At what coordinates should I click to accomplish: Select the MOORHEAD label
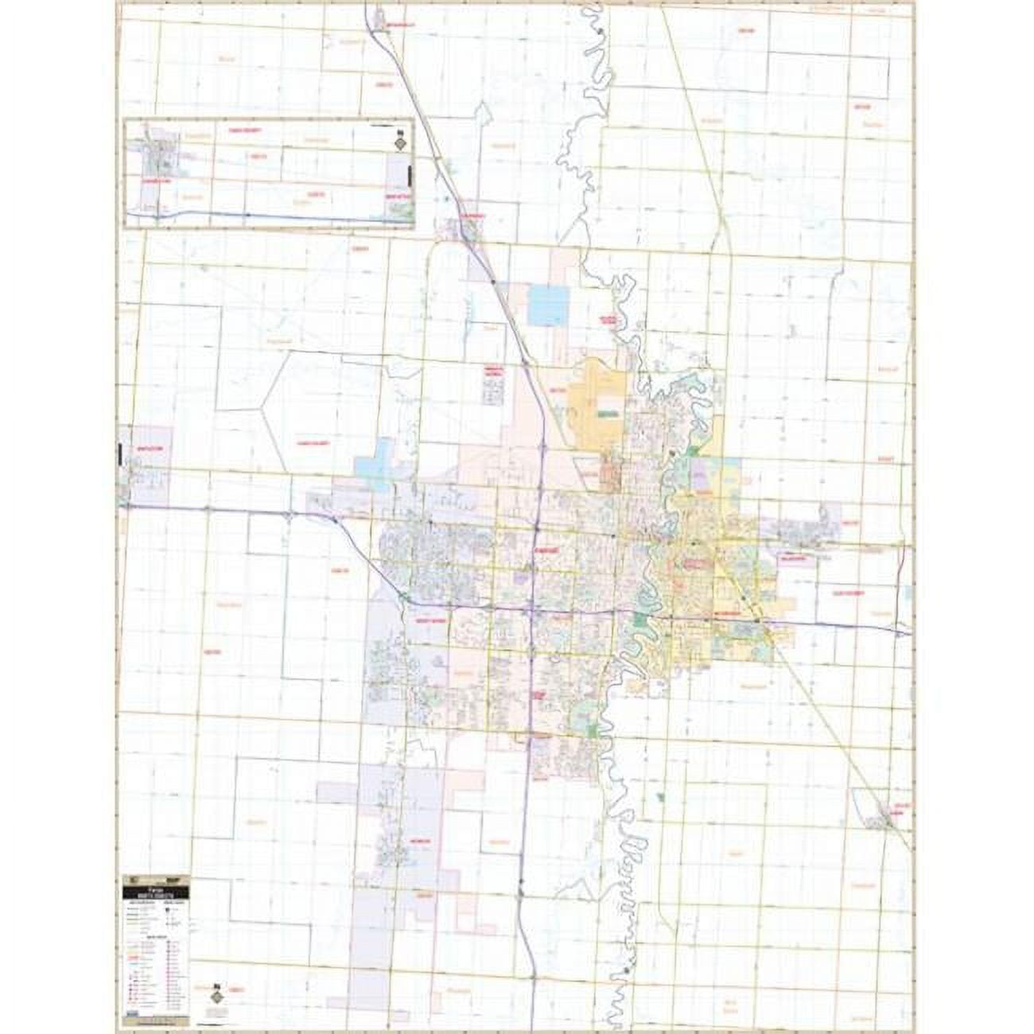725,616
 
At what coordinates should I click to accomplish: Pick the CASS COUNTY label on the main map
313,443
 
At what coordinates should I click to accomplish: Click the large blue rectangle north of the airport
549,305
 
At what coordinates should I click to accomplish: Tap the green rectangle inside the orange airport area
609,414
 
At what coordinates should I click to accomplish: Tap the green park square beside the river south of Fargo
592,727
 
